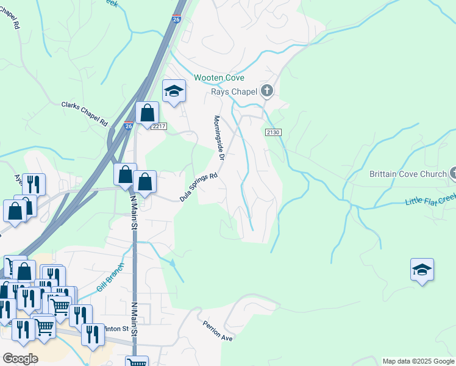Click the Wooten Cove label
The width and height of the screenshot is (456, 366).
219,78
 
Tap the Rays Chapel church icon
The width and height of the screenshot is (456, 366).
266,91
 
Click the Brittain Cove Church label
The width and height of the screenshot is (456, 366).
408,174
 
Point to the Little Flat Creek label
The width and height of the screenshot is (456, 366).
430,199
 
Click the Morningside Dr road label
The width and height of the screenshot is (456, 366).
219,138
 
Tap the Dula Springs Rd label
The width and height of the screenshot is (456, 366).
199,188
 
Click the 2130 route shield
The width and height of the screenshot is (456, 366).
273,132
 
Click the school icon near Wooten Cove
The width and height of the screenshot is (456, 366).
174,91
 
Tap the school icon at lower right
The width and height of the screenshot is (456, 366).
422,269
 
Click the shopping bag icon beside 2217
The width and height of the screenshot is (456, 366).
147,113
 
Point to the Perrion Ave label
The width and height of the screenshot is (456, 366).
218,329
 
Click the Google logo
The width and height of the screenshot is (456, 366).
20,359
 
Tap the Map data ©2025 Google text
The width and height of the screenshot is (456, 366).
418,361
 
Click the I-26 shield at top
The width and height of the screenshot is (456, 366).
176,20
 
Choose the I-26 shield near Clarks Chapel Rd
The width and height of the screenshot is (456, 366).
128,125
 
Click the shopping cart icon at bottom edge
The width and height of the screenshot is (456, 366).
137,362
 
